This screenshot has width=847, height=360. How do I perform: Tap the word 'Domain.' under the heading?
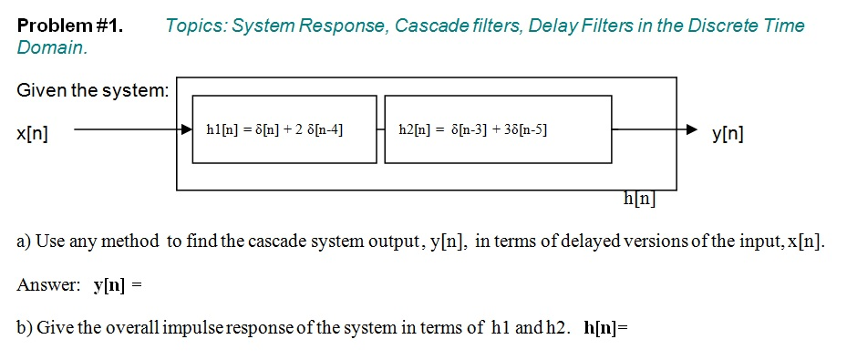click(53, 46)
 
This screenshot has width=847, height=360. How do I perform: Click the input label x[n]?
click(33, 134)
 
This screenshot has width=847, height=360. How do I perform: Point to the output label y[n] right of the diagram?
click(728, 135)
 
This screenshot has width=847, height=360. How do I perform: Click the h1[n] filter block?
click(284, 129)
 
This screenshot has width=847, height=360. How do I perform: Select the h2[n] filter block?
click(497, 129)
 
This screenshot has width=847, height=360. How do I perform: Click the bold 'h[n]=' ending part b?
click(606, 327)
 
